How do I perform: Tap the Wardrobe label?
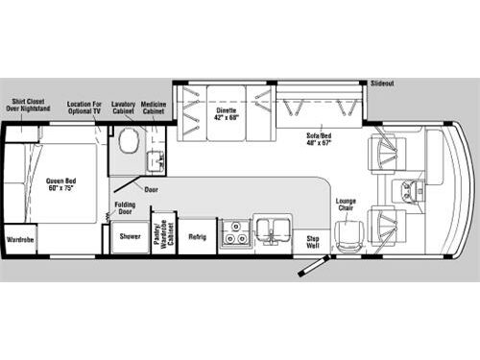click(x=20, y=239)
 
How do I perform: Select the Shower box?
click(x=129, y=236)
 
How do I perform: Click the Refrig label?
click(x=197, y=236)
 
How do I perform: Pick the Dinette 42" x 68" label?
click(x=226, y=114)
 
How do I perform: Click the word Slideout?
click(x=382, y=84)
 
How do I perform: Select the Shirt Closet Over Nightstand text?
click(x=28, y=106)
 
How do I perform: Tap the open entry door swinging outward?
click(x=313, y=264)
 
